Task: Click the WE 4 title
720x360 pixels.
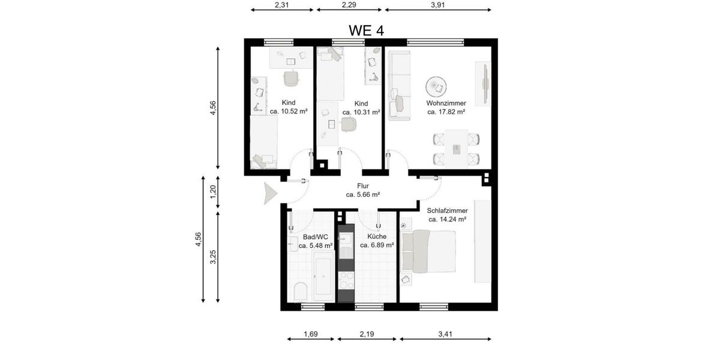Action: click(366, 31)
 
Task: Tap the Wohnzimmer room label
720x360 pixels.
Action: click(446, 103)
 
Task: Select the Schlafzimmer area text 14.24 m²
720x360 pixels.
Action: click(448, 220)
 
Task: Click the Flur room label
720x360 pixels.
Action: click(362, 186)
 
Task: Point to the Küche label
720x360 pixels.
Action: click(377, 236)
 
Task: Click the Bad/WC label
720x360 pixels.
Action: click(315, 237)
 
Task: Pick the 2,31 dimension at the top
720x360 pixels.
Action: click(282, 5)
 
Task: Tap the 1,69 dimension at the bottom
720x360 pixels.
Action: click(310, 334)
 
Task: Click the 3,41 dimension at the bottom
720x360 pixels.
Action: click(446, 334)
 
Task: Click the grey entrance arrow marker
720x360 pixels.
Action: click(269, 194)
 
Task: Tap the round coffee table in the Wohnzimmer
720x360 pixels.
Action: click(434, 87)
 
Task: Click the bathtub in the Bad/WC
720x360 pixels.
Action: click(323, 277)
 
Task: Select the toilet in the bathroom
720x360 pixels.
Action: click(301, 291)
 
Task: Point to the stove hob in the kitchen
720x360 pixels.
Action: click(347, 280)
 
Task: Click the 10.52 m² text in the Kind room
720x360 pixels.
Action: click(289, 111)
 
